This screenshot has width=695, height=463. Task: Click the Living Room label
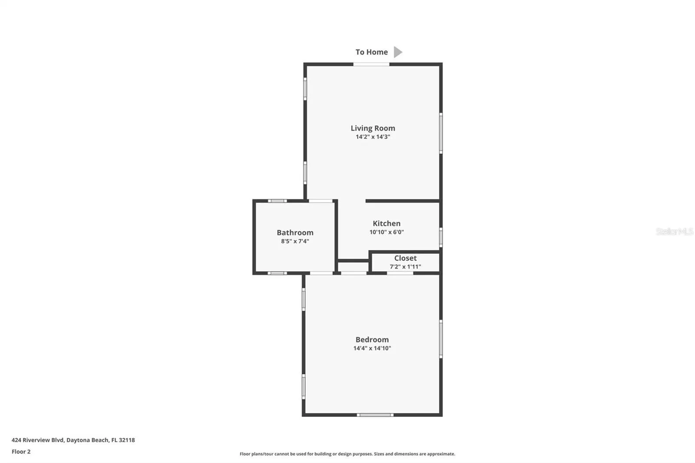373,128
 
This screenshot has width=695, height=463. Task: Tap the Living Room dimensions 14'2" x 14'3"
373,137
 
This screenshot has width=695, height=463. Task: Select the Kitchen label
387,223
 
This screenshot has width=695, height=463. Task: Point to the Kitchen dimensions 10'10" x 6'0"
387,232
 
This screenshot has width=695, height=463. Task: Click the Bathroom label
295,233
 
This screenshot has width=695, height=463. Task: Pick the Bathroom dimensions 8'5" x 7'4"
295,241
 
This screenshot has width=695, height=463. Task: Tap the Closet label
406,258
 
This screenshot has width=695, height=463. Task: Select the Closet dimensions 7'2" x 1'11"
406,267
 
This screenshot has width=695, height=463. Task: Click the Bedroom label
372,340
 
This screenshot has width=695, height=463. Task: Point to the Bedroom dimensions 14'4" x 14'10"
372,348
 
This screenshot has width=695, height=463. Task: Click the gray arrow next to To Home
398,52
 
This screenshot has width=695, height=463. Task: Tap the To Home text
372,52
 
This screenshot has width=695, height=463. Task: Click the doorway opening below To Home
371,64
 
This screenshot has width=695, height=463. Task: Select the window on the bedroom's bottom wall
375,415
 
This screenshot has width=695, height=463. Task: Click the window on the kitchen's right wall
441,238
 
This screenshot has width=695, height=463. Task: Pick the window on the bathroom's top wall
278,201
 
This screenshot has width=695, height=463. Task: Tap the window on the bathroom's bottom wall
278,273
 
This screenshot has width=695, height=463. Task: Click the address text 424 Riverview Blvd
37,440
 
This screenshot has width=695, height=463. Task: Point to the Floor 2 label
21,452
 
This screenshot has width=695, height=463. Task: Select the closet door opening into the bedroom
400,273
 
